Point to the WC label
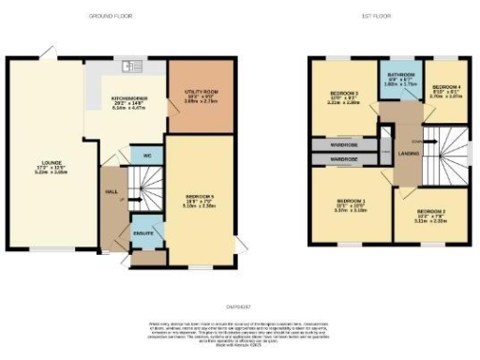tap(146, 155)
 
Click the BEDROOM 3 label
tap(344, 94)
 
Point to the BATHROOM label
tap(400, 79)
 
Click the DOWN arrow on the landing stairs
tap(429, 142)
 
